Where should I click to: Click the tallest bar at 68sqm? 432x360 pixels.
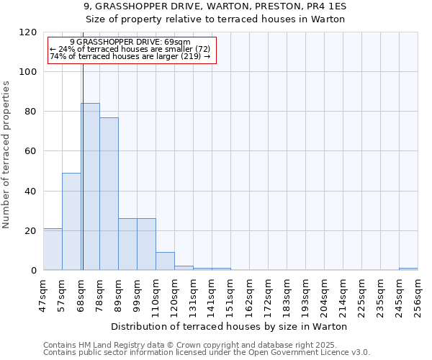90,186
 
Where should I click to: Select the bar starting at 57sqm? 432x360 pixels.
71,221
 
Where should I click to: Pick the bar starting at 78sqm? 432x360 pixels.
109,194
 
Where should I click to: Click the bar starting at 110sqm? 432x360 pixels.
165,261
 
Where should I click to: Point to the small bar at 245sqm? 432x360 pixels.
408,269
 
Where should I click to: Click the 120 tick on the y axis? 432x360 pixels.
28,32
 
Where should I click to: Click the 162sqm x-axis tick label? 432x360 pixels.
250,293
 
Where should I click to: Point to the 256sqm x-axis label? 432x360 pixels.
418,293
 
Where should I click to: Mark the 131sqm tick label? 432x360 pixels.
194,293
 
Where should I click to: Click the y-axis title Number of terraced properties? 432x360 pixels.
6,154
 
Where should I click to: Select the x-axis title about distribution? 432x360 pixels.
230,326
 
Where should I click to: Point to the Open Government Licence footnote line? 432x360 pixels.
207,352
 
